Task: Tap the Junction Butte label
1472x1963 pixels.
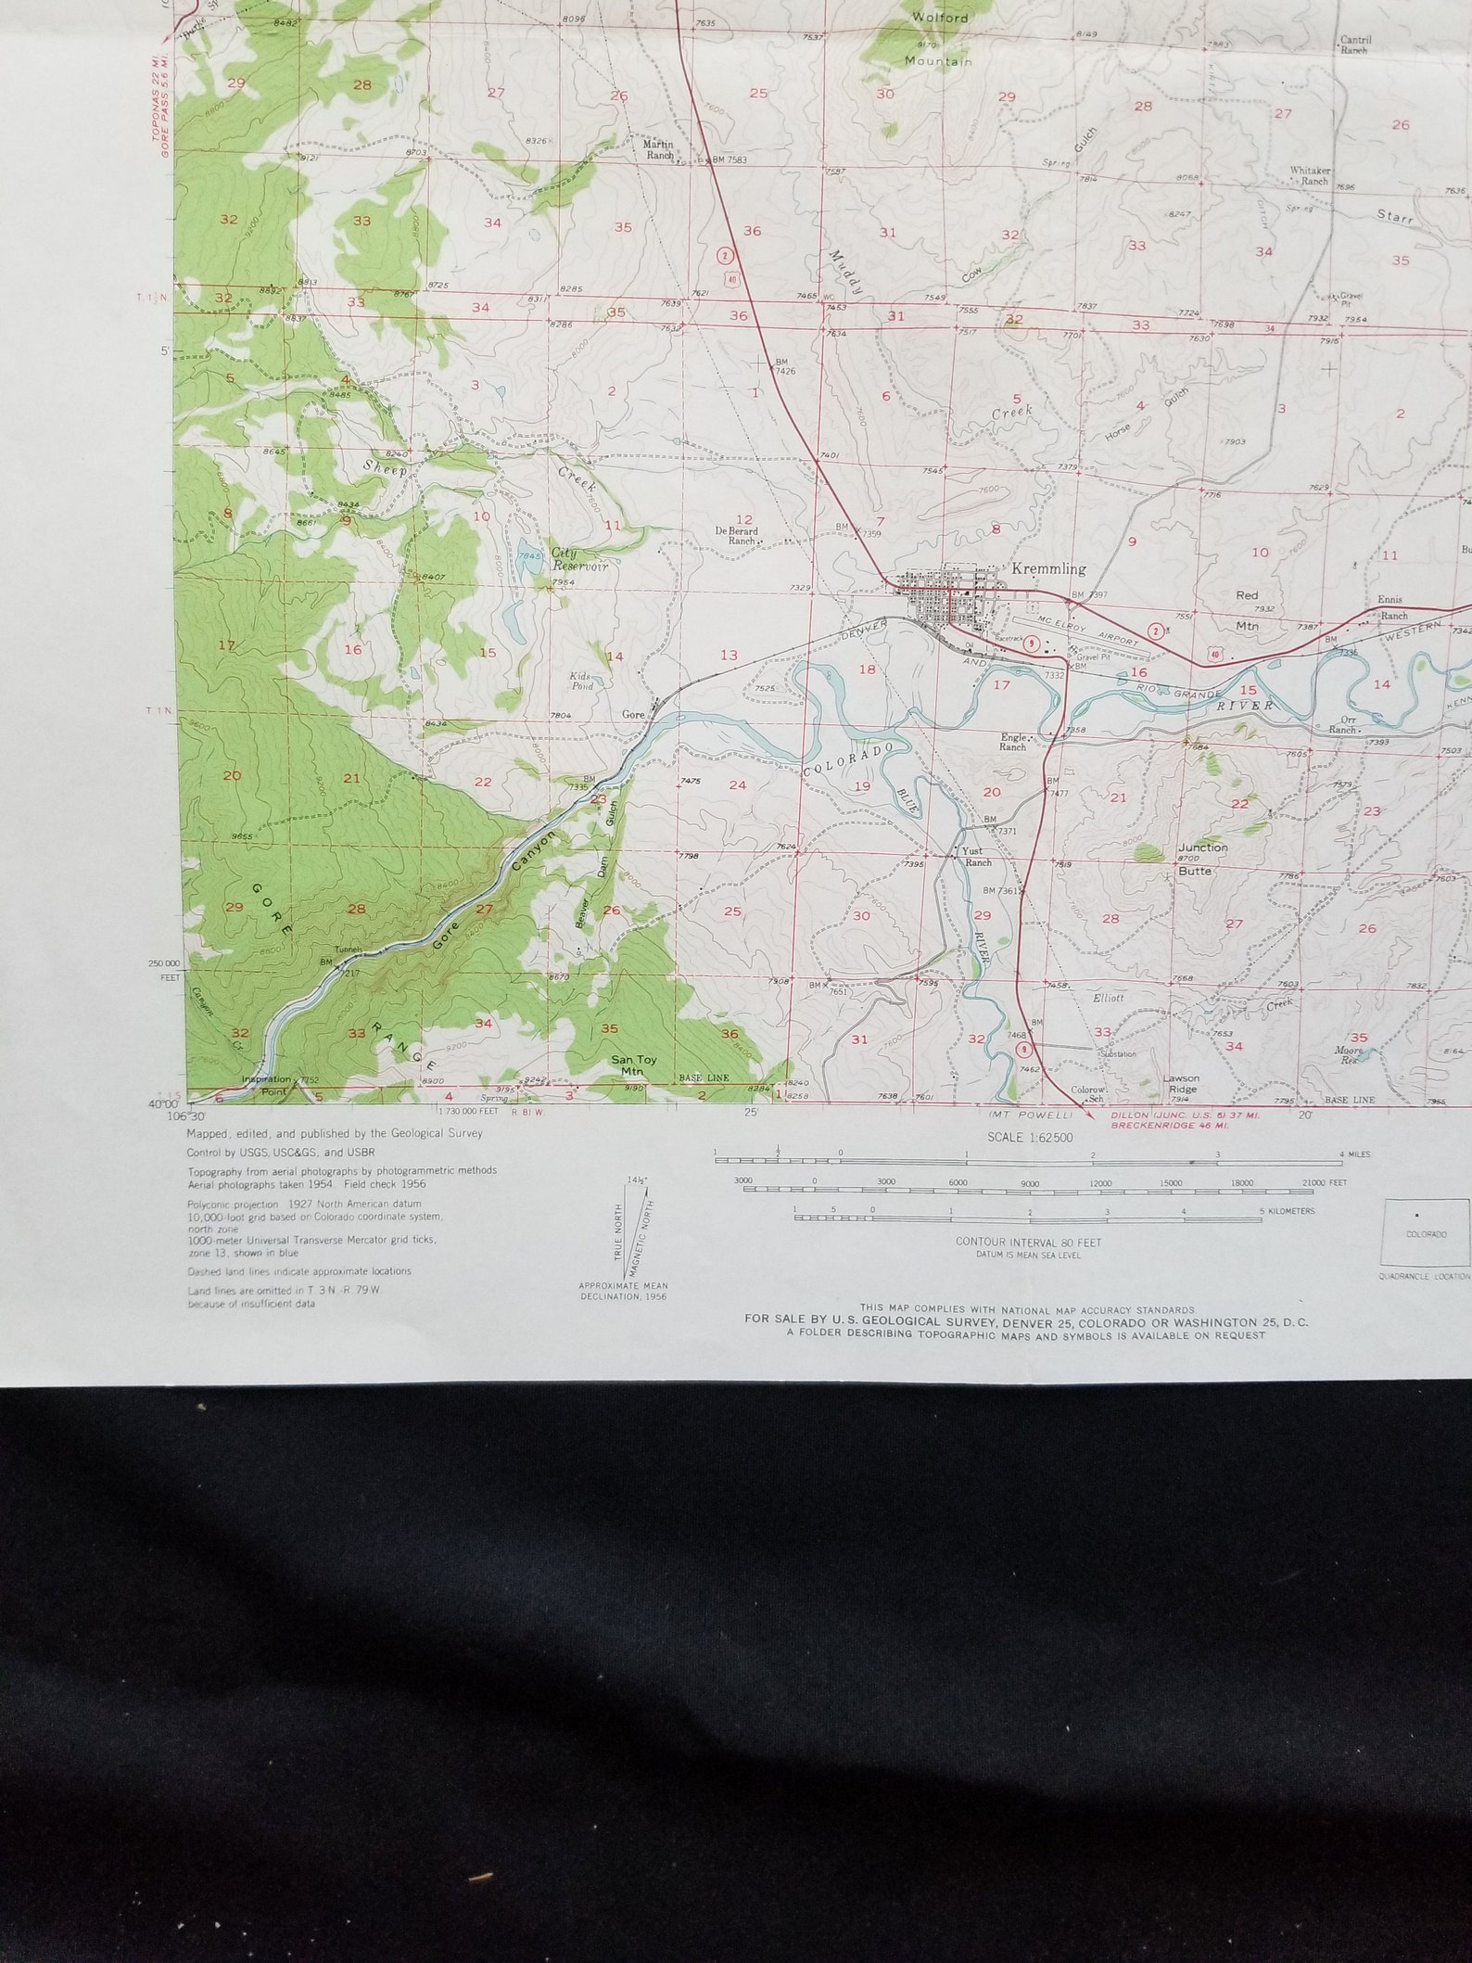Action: click(x=1202, y=859)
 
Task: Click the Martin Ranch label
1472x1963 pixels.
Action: click(x=658, y=149)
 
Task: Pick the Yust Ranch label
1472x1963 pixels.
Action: click(x=977, y=857)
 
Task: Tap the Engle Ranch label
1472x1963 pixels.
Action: click(x=1013, y=742)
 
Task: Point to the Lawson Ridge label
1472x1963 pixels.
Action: click(x=1183, y=1084)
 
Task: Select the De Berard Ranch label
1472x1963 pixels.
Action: click(x=736, y=535)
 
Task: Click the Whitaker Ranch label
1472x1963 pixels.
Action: click(x=1309, y=176)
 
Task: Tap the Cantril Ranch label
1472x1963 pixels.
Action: click(x=1353, y=45)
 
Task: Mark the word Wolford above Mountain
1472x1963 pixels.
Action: click(x=940, y=18)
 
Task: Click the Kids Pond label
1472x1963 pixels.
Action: click(x=581, y=682)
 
